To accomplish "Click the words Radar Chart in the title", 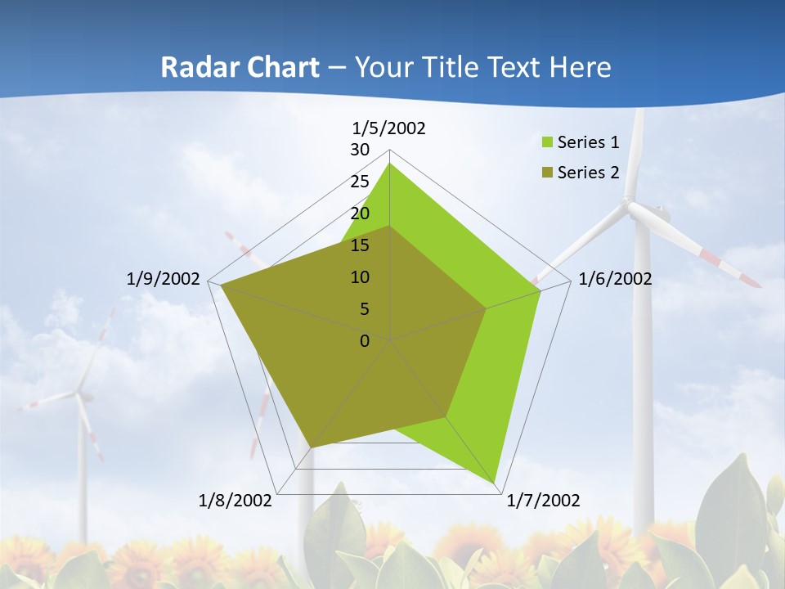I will coord(240,67).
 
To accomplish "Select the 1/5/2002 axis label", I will coord(388,128).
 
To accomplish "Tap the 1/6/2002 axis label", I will coord(615,279).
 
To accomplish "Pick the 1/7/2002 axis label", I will coord(543,501).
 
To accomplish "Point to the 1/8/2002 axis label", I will coord(235,501).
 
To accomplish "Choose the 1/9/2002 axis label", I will coord(164,279).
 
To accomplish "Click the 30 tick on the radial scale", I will coord(360,150).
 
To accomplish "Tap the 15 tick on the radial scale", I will coord(360,245).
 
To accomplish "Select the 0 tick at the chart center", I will coord(365,341).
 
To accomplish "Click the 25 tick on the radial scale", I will coord(360,182).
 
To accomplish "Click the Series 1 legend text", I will coord(588,142).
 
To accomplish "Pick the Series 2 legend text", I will coord(588,172).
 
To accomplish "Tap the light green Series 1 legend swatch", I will coord(547,142).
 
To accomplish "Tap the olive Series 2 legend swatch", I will coord(547,172).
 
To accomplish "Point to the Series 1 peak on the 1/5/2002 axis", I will coord(390,164).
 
